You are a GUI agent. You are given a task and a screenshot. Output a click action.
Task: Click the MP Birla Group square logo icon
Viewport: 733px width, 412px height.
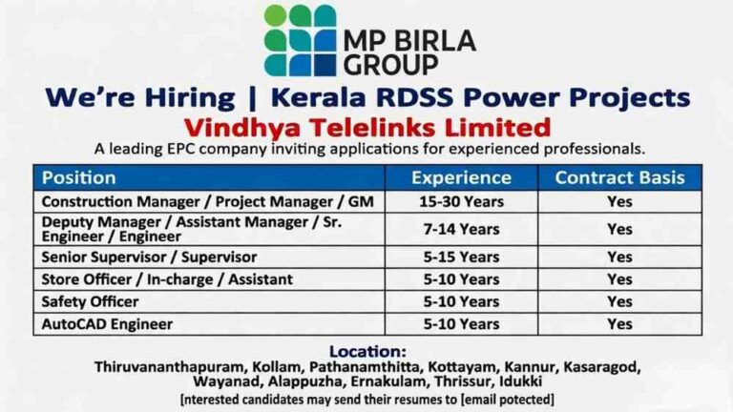300,40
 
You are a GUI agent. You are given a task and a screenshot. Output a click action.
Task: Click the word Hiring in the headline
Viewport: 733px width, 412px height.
190,97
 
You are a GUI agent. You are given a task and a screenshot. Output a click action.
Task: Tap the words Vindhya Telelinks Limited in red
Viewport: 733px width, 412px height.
367,127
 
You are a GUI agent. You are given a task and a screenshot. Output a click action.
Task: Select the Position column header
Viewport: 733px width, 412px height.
78,177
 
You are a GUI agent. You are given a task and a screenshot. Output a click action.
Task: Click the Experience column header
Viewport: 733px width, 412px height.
461,177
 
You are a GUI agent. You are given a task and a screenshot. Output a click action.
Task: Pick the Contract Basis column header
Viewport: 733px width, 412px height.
619,177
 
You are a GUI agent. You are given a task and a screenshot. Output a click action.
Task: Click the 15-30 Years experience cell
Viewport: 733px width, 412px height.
461,202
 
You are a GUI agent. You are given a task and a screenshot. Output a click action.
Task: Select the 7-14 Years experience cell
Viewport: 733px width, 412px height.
461,229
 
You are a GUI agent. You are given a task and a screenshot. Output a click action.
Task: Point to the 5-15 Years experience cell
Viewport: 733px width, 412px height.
461,257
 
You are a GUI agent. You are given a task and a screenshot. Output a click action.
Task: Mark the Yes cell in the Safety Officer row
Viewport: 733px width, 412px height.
619,301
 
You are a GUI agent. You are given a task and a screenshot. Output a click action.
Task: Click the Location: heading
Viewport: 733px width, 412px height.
367,351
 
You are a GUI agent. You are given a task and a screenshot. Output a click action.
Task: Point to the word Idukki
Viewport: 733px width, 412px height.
521,381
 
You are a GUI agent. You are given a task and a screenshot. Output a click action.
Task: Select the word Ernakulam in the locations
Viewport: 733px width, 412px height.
389,381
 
